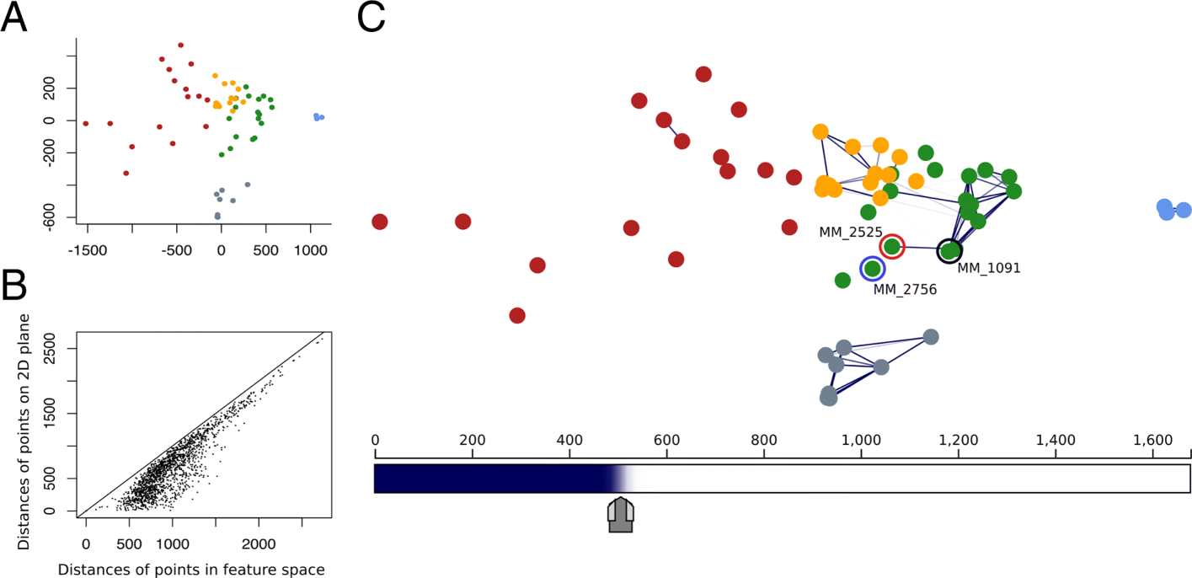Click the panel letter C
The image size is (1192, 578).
click(371, 19)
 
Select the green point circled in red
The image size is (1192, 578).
click(891, 247)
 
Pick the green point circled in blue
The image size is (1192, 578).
click(872, 269)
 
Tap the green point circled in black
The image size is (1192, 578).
click(949, 250)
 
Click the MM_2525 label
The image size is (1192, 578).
click(850, 232)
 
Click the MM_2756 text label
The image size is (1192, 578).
click(905, 289)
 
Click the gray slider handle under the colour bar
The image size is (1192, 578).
click(621, 515)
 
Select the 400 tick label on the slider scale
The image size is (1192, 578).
click(569, 440)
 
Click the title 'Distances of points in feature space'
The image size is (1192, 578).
click(190, 570)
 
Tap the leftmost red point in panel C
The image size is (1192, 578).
click(379, 222)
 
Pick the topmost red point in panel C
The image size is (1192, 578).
click(703, 74)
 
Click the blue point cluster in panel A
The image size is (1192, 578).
click(318, 117)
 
